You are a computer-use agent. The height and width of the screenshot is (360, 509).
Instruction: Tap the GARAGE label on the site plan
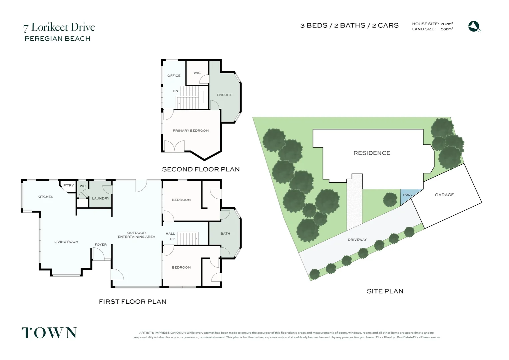tap(444, 195)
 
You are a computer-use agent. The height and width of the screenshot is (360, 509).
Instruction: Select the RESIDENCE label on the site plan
tap(372, 153)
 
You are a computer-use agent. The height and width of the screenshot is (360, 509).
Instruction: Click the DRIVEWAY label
tap(357, 240)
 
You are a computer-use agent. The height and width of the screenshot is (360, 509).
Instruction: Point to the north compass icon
tap(474, 26)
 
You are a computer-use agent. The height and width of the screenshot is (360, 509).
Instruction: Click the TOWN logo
tap(49, 333)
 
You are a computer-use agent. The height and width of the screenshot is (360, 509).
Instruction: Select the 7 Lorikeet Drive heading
tap(59, 27)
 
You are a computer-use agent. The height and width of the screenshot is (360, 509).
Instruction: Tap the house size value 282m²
tap(446, 24)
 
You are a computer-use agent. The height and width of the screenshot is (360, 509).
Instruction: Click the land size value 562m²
tap(446, 29)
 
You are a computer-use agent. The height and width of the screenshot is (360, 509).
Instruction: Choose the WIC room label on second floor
tap(197, 73)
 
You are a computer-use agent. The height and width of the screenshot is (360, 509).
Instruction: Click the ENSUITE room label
tap(225, 95)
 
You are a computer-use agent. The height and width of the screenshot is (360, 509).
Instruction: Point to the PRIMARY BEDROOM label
tap(191, 131)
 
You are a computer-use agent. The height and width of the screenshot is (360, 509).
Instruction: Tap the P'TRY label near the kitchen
tap(69, 185)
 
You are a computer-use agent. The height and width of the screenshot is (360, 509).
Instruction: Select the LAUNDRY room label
tap(101, 198)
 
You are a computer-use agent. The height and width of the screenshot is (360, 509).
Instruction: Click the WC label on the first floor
tap(83, 186)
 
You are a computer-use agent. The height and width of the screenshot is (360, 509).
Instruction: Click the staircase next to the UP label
tap(187, 239)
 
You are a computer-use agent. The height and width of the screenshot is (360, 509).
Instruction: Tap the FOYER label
tap(101, 245)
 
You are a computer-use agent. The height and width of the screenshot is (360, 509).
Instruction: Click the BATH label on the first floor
tap(225, 234)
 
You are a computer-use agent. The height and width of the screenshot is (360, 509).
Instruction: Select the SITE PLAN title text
tap(385, 291)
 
